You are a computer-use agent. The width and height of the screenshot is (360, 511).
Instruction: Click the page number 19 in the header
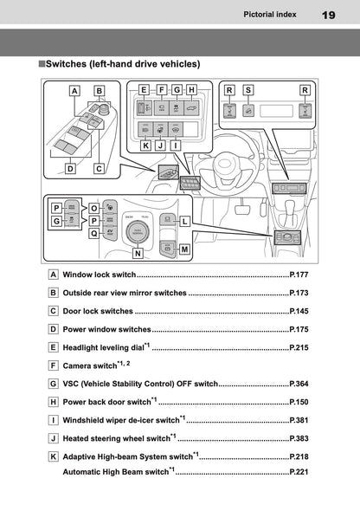point(328,15)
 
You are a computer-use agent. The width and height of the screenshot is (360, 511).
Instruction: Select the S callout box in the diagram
point(248,89)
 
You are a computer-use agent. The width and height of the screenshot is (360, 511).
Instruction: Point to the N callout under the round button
point(138,254)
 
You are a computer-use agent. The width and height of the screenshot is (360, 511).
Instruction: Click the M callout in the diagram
point(185,249)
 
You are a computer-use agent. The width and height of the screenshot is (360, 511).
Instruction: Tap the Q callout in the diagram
point(93,233)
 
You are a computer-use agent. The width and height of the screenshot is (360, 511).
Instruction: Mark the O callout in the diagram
point(93,209)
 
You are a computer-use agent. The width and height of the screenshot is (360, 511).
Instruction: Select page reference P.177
point(299,275)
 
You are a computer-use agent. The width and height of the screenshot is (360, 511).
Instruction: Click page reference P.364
point(299,384)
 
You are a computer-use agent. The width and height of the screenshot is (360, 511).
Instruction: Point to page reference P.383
point(299,438)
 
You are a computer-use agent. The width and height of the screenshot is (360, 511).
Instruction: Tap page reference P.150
point(299,402)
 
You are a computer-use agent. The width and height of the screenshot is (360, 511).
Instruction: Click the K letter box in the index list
point(54,456)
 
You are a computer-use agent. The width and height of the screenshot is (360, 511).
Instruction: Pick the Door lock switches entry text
point(98,311)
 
